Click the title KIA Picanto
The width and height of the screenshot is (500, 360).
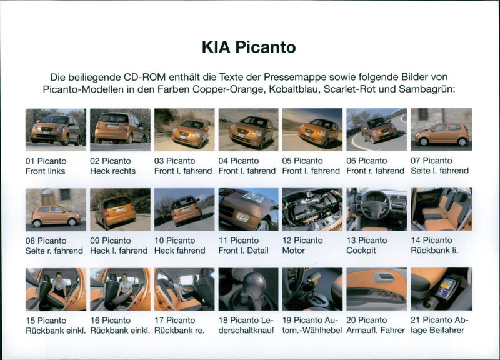click(249, 47)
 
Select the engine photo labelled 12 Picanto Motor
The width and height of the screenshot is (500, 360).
click(312, 209)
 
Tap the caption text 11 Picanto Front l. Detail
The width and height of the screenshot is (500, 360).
click(244, 246)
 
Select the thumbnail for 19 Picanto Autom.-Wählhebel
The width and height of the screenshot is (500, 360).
click(312, 289)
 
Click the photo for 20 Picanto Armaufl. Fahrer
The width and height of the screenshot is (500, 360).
click(376, 289)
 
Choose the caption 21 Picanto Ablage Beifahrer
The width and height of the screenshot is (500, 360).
click(439, 325)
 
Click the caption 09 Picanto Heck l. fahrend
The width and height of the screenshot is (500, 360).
click(119, 246)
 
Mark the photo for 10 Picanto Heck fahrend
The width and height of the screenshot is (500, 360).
click(184, 209)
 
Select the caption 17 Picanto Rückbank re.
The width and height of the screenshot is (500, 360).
click(179, 325)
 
